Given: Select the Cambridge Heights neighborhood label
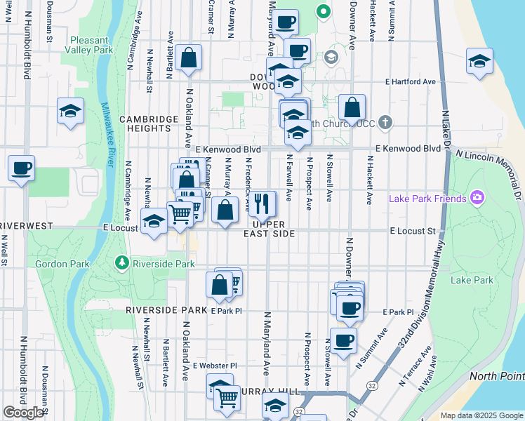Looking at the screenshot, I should click(x=148, y=124).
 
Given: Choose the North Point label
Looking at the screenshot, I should click(x=496, y=375).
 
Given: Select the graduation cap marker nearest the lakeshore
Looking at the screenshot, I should click(x=479, y=61).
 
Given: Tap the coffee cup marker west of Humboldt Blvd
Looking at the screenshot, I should click(x=22, y=168).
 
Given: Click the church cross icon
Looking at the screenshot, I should click(x=385, y=123).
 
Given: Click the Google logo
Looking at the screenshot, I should click(x=24, y=413).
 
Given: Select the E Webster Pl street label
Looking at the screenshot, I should click(x=215, y=366).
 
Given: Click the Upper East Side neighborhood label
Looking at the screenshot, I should click(x=268, y=229).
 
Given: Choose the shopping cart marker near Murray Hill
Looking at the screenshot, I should click(x=227, y=398).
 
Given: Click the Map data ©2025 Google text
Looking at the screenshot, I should click(x=481, y=415).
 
